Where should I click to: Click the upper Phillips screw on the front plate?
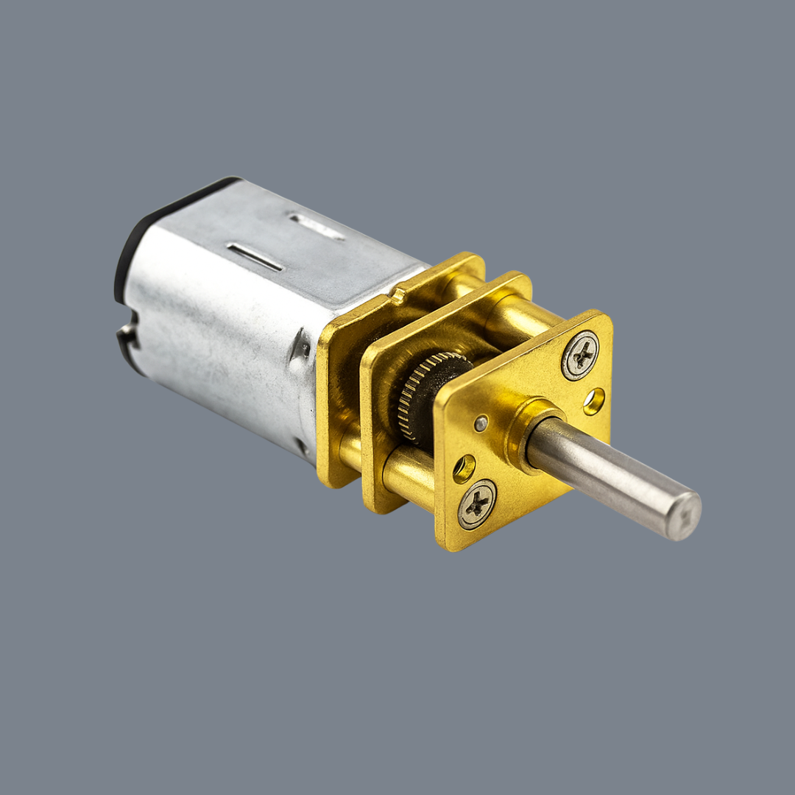coord(580,356)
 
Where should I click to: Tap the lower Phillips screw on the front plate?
coord(477,504)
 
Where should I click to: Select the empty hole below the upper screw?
coord(593,401)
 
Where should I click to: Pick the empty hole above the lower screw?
coord(464,469)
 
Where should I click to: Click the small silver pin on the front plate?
coord(480,423)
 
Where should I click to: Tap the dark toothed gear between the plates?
coord(427,395)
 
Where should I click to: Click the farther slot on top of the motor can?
coord(317,227)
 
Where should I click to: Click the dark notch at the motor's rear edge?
coord(130,339)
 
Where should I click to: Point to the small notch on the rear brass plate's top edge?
coord(398,296)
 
